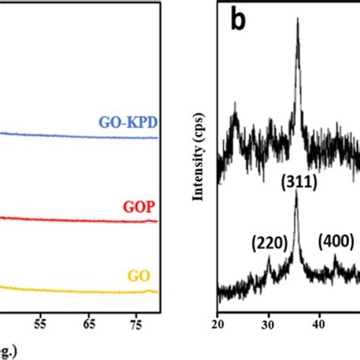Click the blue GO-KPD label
click(126, 122)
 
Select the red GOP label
click(138, 207)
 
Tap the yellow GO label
click(143, 275)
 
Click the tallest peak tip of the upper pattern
click(297, 21)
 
